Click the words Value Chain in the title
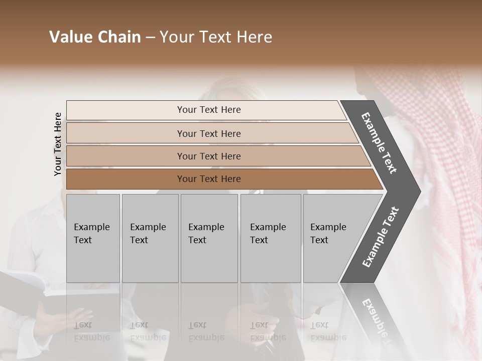95,37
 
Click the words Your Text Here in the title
216,37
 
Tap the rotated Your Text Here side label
58,144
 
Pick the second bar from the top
209,133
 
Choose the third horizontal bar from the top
209,156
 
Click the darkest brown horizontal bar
209,179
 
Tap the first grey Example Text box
93,238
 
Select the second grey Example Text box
150,238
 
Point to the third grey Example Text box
209,238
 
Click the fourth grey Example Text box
270,238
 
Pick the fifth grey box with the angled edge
331,238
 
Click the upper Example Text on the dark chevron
379,143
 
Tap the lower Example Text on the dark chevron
381,237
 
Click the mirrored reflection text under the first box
91,331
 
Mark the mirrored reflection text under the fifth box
328,331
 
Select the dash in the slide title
150,38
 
